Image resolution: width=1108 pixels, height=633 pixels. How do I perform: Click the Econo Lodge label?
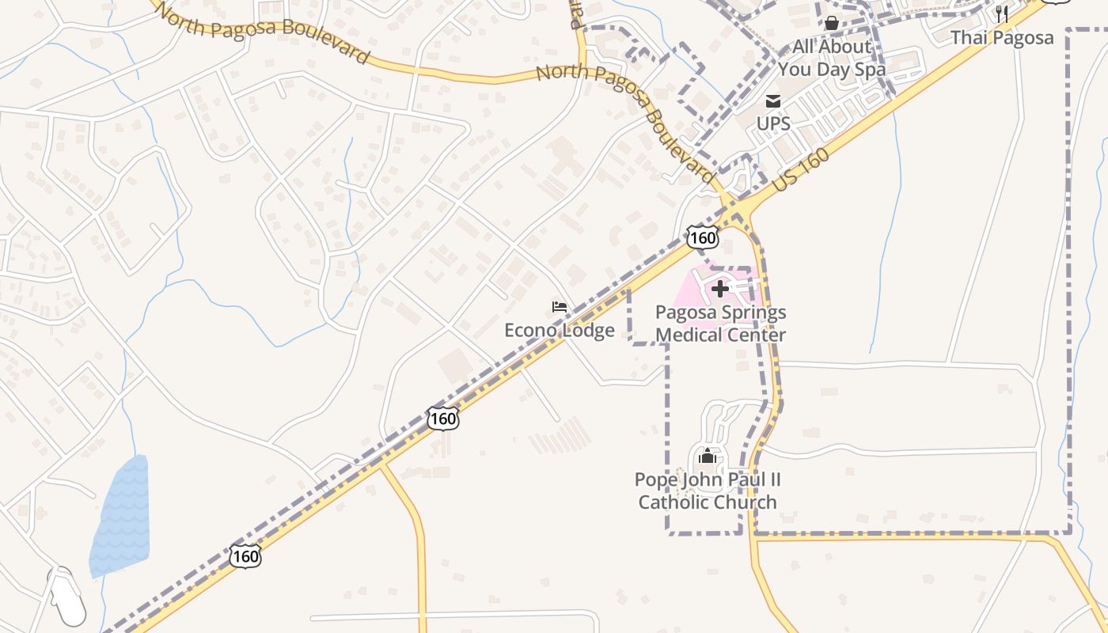point(560,331)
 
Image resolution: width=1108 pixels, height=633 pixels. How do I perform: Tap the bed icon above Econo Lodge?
point(560,307)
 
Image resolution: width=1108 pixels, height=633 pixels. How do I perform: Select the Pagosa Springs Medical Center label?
point(721,324)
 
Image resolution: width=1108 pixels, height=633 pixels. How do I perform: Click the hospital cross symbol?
point(720,289)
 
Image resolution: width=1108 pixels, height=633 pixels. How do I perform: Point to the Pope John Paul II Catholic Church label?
point(708,491)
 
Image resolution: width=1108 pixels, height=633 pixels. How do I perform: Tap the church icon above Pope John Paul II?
point(708,457)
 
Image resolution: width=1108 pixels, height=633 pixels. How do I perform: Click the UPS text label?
point(773,124)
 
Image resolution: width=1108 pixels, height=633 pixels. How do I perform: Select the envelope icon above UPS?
point(773,101)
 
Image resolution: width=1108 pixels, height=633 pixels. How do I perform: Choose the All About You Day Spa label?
point(832,58)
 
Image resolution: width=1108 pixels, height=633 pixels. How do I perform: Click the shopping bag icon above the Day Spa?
point(832,23)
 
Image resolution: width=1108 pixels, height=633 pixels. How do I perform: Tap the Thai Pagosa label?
point(1002,37)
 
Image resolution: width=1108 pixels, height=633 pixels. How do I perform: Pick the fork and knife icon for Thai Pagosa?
point(1002,13)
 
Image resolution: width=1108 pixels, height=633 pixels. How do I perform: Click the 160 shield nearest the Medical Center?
point(702,237)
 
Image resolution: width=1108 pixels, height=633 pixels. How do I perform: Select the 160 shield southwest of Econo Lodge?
point(442,418)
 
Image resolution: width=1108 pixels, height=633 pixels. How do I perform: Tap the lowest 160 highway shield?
point(245,556)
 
